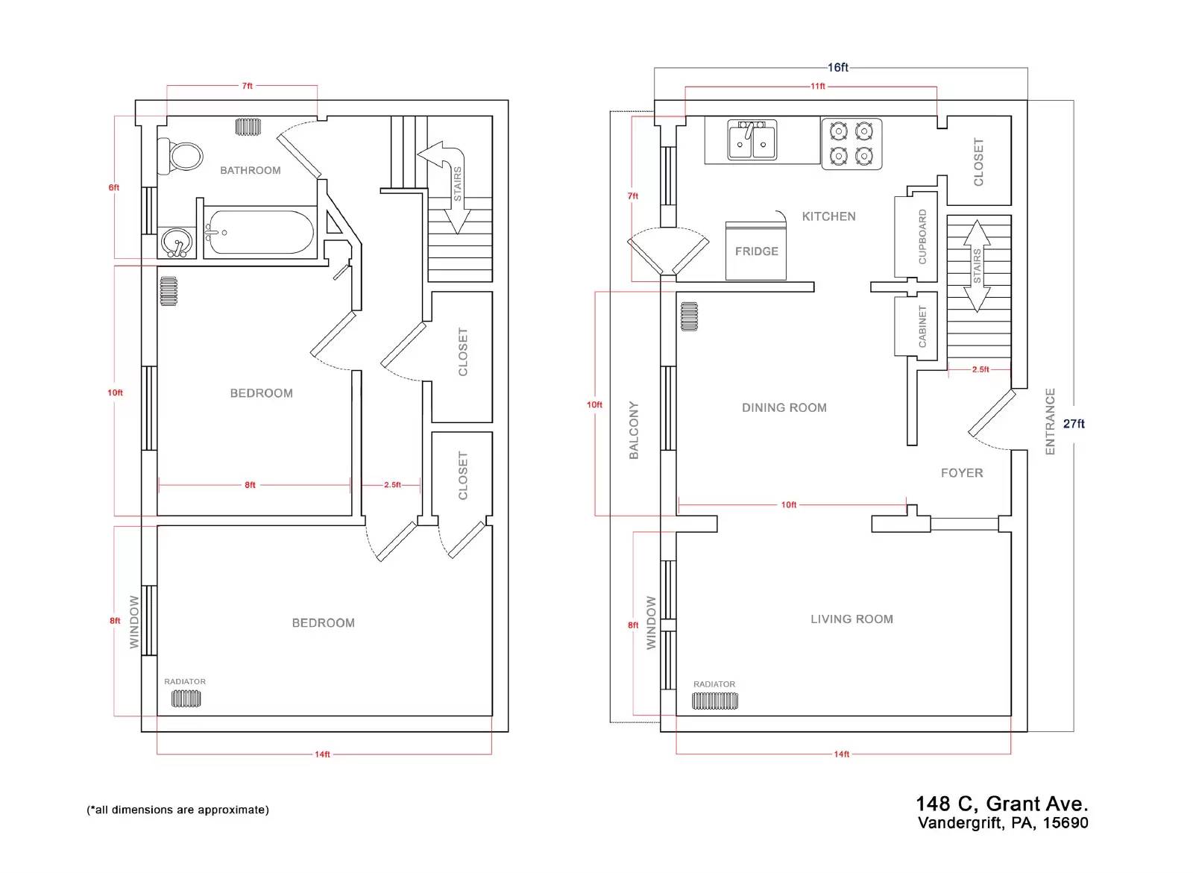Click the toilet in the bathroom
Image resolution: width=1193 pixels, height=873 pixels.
tap(181, 157)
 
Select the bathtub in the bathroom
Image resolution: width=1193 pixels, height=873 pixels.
tap(260, 232)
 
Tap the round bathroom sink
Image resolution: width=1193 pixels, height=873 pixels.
tap(177, 242)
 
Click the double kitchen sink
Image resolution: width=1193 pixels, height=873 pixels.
tap(752, 140)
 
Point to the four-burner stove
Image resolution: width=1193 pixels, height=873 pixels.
tap(852, 144)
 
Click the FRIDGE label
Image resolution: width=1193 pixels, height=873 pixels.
tap(756, 251)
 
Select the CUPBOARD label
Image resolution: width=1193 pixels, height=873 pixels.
tap(922, 237)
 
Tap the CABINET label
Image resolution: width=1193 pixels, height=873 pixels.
tap(922, 326)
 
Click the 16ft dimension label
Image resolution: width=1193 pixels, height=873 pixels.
tap(837, 68)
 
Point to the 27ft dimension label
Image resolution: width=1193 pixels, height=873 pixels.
tap(1074, 424)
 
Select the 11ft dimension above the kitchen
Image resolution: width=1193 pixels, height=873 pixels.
tap(817, 87)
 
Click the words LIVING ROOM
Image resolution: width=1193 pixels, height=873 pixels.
tap(852, 619)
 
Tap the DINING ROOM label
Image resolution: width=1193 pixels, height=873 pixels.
tap(784, 407)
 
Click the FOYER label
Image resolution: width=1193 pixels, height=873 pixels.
tap(962, 473)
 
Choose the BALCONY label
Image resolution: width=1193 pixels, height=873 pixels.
tap(633, 430)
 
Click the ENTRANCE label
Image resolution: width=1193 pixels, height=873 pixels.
tap(1050, 422)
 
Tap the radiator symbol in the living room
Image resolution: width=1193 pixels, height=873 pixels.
tap(715, 701)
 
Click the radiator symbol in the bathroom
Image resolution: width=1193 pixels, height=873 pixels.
tap(248, 127)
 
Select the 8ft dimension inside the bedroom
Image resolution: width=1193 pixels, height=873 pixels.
tap(250, 485)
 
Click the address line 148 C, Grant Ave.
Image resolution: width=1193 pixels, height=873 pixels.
tap(1002, 804)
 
